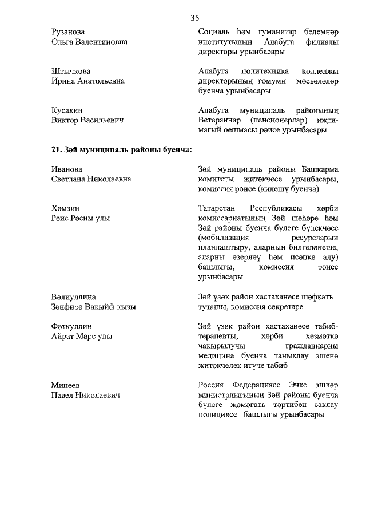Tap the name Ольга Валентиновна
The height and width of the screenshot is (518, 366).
coord(89,42)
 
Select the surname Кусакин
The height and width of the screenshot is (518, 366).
coord(68,110)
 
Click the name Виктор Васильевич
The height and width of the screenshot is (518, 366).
coord(88,120)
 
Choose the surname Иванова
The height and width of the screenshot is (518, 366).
coord(67,169)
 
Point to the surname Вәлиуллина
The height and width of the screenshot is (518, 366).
coord(74,296)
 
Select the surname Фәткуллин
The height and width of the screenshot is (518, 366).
coord(71,326)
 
